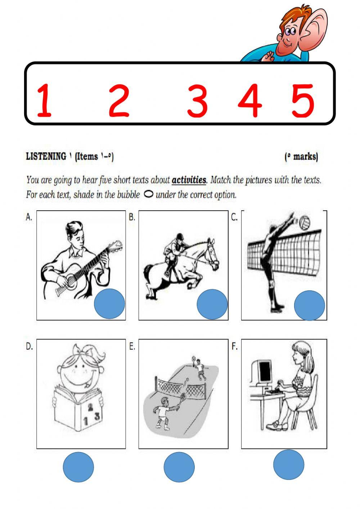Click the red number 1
(45, 100)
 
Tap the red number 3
(197, 101)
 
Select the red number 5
(303, 101)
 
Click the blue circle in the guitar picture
(109, 304)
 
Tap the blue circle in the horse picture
(212, 304)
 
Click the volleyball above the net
(305, 223)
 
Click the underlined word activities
(189, 180)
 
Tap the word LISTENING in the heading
(46, 156)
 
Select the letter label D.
(29, 347)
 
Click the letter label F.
(234, 347)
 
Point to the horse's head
(212, 253)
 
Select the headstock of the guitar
(116, 246)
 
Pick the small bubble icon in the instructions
(149, 195)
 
